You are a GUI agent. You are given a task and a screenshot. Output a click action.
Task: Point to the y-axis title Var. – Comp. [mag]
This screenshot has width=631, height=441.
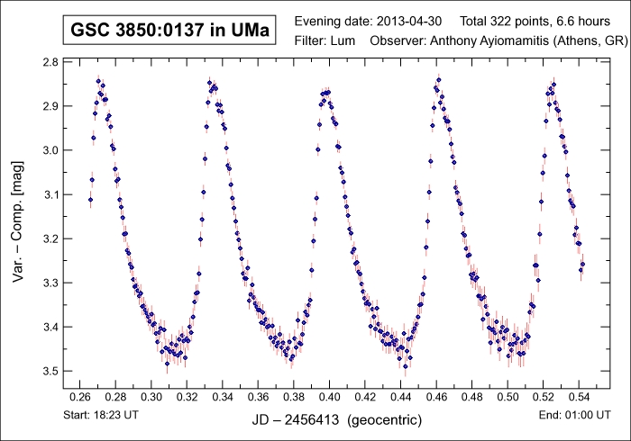[19, 217]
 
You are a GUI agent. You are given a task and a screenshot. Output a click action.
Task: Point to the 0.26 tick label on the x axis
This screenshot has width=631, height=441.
[80, 396]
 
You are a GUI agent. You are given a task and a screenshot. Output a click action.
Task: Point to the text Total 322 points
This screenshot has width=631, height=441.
[505, 21]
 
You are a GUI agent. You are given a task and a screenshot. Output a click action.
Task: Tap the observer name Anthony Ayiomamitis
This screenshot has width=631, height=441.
[482, 40]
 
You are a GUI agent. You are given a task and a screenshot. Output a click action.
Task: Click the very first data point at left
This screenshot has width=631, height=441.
[90, 199]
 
